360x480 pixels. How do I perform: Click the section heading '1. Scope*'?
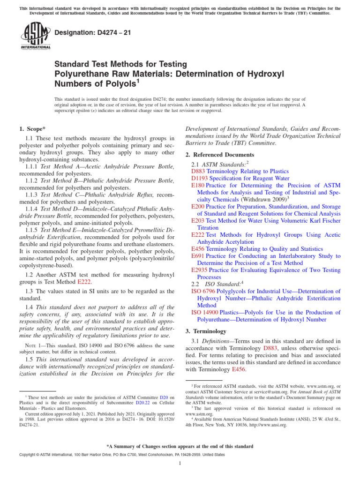point(33,129)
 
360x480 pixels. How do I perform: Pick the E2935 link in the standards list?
point(200,270)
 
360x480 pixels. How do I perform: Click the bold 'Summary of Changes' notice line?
point(180,446)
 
